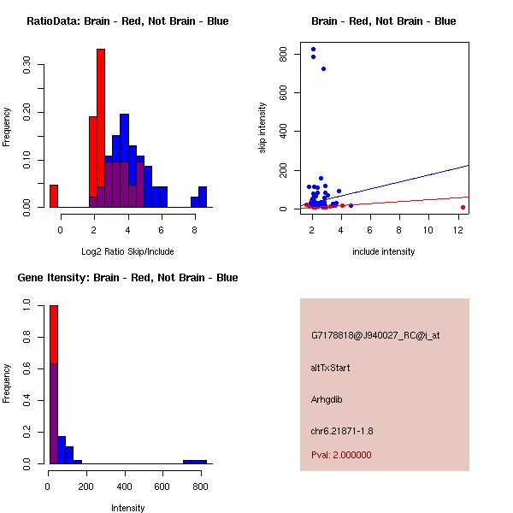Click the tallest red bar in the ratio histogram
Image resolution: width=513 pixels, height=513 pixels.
click(x=101, y=128)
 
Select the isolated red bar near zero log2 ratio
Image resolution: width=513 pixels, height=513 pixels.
click(x=54, y=196)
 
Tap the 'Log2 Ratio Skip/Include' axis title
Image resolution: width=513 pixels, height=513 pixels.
click(x=127, y=251)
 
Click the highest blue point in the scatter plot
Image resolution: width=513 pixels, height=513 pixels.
click(x=313, y=49)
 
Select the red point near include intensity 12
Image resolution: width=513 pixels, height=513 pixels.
click(x=463, y=207)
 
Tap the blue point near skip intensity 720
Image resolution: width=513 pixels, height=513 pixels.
click(x=323, y=68)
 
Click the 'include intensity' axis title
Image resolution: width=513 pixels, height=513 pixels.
click(x=384, y=251)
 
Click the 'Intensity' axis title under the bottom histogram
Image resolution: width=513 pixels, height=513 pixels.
click(x=127, y=508)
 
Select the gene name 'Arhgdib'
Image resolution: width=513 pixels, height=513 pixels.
click(x=327, y=399)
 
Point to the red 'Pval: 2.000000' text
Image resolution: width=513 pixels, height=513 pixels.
click(x=341, y=455)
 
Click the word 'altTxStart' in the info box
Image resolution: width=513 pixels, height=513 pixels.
click(x=331, y=368)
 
